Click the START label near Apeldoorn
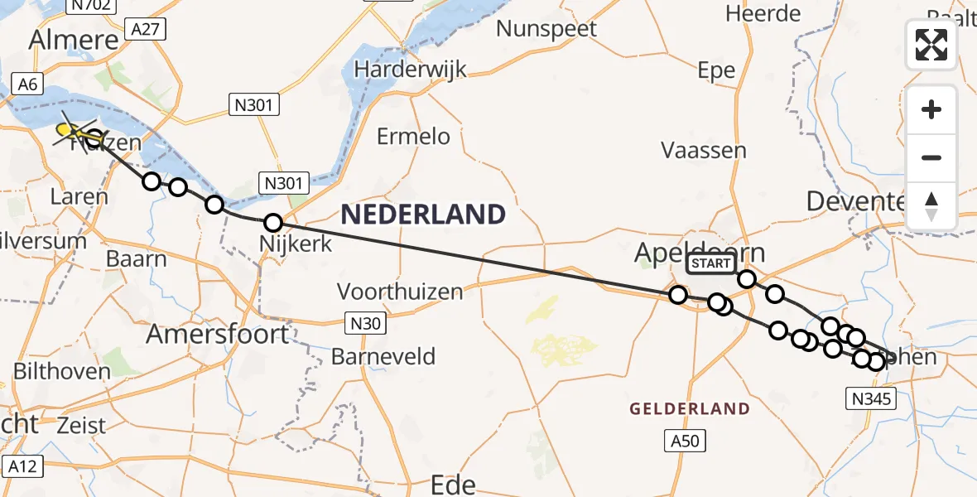click(x=710, y=263)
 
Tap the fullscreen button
click(x=931, y=44)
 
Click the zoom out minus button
click(x=931, y=157)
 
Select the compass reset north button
click(x=931, y=205)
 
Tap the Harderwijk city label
click(x=410, y=70)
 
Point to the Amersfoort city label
click(x=218, y=335)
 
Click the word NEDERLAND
click(x=422, y=215)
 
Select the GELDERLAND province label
click(x=690, y=408)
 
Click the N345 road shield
click(x=872, y=400)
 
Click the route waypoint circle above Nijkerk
click(x=273, y=222)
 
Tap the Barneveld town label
click(x=383, y=357)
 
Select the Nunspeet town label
click(x=546, y=29)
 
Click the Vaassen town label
click(x=704, y=151)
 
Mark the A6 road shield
click(x=26, y=83)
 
